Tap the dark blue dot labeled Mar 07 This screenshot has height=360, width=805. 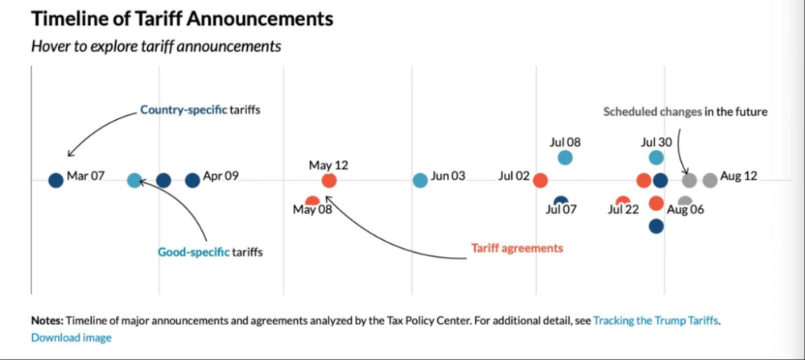[56, 180]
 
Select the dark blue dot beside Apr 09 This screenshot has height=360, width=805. [192, 180]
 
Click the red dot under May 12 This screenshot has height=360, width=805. [328, 180]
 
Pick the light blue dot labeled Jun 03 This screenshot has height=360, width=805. [420, 180]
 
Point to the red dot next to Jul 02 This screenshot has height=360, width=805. [541, 180]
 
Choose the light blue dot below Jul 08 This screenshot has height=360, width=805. [565, 158]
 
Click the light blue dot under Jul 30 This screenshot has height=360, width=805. [657, 158]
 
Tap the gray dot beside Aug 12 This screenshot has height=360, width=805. [709, 180]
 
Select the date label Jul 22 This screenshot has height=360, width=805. [623, 210]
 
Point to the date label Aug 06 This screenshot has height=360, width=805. [685, 210]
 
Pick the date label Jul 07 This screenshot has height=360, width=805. [562, 210]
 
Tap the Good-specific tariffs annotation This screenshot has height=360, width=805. [210, 252]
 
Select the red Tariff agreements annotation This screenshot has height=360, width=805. [516, 248]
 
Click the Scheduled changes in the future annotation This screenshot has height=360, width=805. [685, 112]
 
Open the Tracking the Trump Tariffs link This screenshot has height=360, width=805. [656, 321]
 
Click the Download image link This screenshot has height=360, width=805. [72, 337]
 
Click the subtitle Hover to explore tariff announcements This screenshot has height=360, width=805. [156, 47]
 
